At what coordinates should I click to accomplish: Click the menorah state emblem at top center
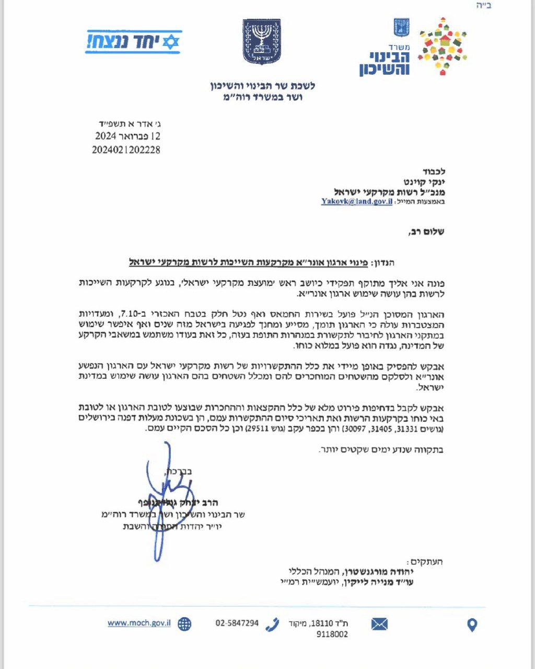261,42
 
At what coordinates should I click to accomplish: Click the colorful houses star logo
441,46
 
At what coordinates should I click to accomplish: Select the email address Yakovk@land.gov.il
356,201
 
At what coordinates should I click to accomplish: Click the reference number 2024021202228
126,150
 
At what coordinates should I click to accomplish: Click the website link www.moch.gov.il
139,623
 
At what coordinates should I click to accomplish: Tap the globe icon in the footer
184,624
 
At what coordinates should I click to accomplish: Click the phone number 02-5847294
237,623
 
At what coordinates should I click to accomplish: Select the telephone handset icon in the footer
272,624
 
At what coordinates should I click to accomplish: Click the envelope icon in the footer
379,624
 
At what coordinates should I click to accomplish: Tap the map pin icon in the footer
472,625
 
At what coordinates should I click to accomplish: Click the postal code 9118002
332,635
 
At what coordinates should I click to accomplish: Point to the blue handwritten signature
165,497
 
